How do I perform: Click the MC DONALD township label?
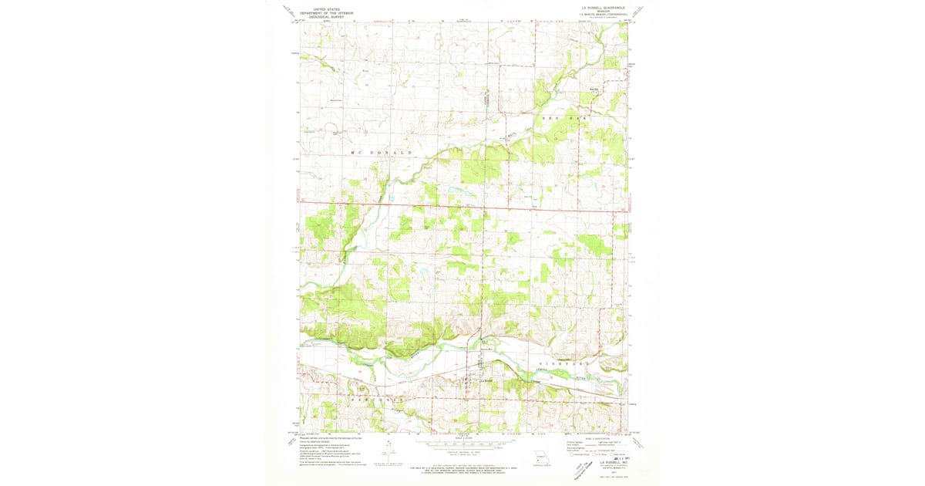point(378,153)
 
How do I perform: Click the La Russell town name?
point(486,379)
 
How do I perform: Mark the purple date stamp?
point(617,458)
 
